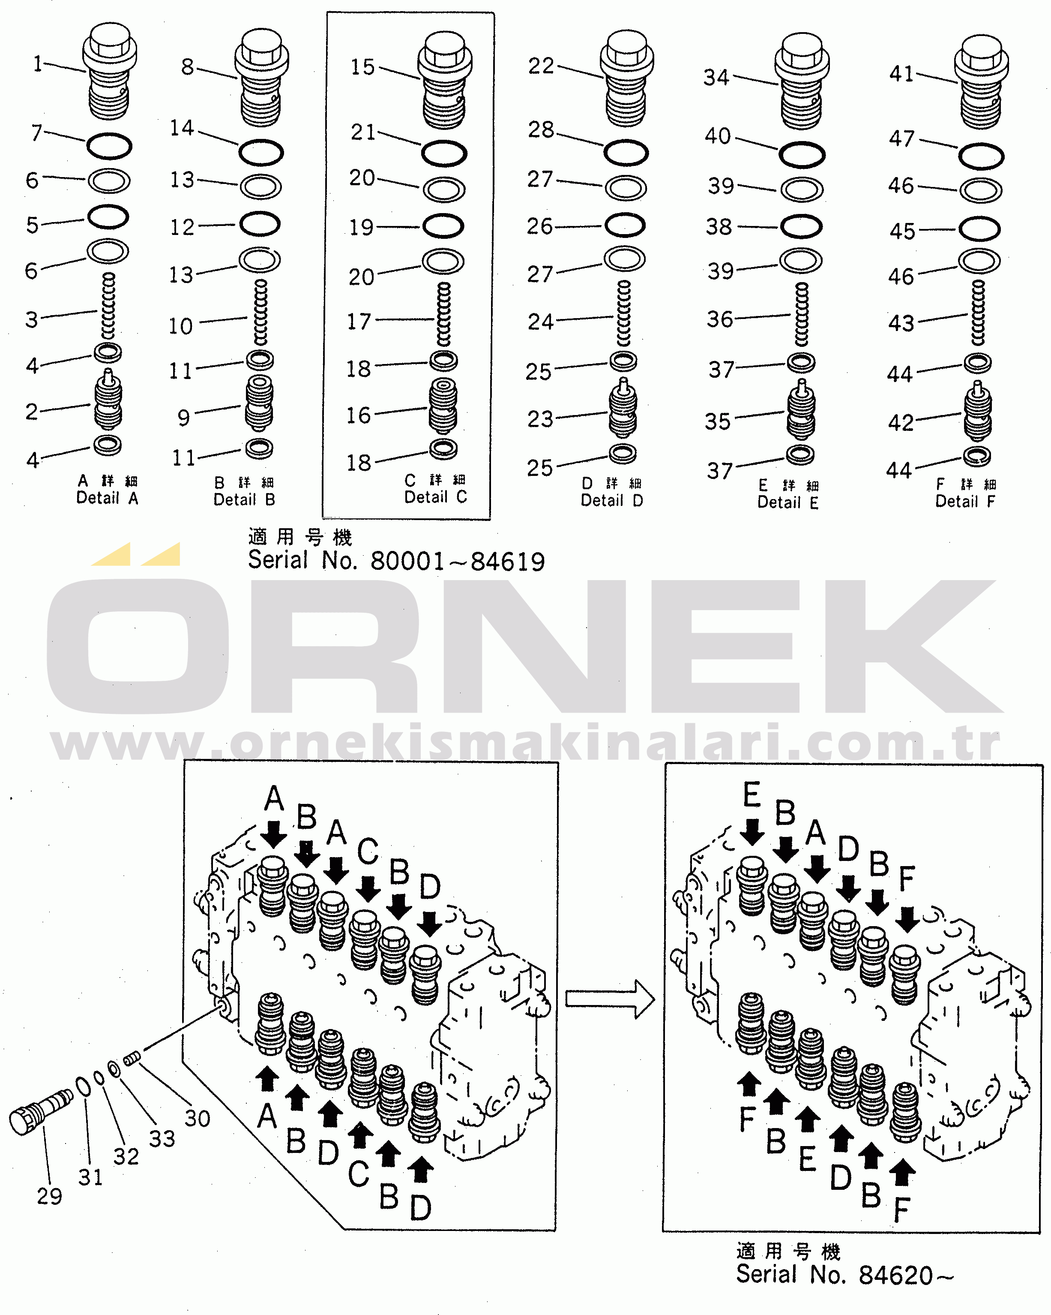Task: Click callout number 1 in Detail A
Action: coord(38,63)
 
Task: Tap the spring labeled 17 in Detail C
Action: coord(444,315)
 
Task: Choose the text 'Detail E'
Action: coord(788,503)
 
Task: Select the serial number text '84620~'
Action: coord(905,1276)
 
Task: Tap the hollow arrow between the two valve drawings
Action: coord(610,999)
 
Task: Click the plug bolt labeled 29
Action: coord(41,1111)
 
